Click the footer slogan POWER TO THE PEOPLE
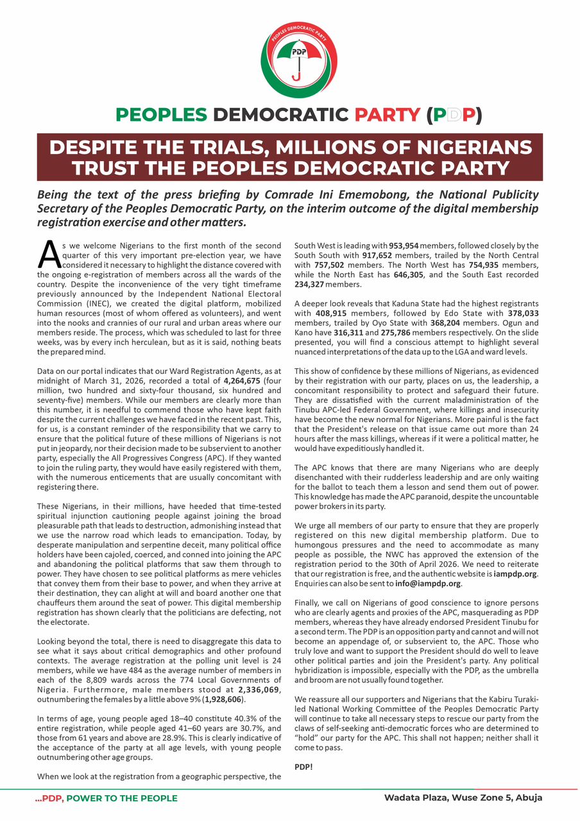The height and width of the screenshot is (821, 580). tap(122, 799)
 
